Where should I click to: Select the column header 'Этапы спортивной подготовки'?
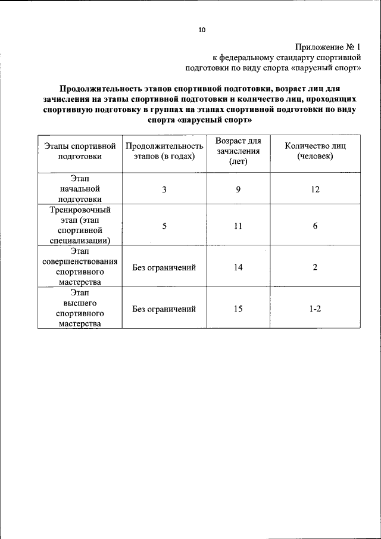coord(80,151)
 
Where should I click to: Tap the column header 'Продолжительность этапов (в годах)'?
coord(164,151)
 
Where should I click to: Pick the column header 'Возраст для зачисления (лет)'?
coord(238,151)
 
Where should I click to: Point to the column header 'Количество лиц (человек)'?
coord(315,151)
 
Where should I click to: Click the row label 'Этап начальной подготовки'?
coord(80,189)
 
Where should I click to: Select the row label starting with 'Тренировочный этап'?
coord(80,225)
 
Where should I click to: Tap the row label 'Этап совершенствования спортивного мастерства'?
coord(80,267)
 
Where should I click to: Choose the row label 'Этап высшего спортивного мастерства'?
coord(80,309)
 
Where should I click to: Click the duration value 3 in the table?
coord(164,189)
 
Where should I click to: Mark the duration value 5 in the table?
coord(164,226)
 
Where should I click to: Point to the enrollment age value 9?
coord(238,189)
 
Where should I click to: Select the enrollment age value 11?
coord(238,226)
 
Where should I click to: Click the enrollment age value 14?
coord(238,267)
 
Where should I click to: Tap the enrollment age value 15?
coord(238,309)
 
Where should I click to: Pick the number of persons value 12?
coord(315,189)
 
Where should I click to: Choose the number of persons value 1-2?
coord(315,309)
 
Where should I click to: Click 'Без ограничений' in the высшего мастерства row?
coord(164,309)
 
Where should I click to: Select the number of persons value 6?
coord(315,226)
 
